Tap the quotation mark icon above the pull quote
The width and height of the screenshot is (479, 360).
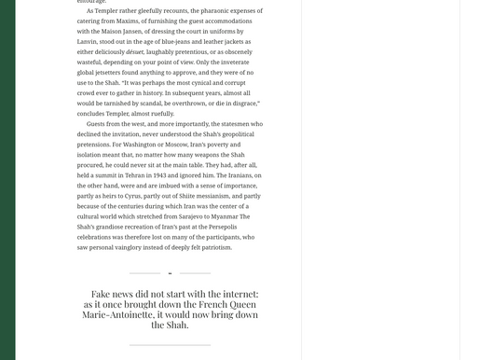click(170, 273)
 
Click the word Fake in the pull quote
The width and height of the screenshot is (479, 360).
click(101, 295)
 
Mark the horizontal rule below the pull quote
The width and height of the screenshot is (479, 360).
click(170, 345)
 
